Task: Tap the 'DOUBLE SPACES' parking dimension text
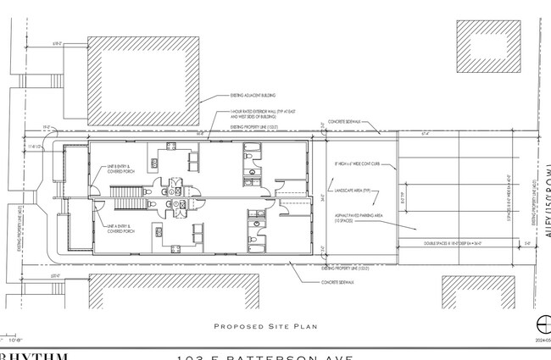[x=458, y=242]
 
